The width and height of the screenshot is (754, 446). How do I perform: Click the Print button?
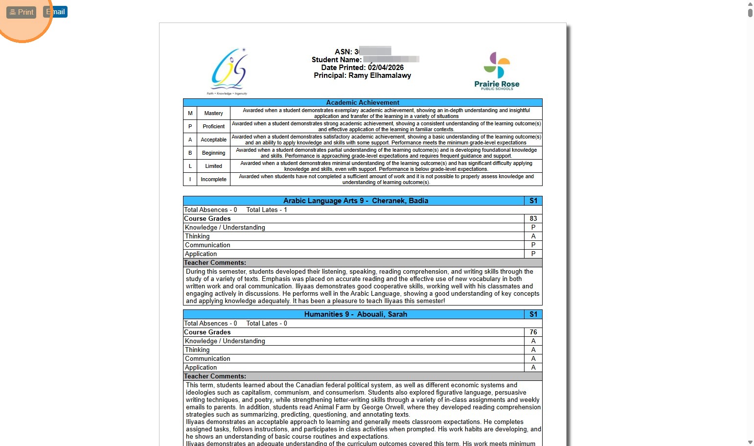[22, 12]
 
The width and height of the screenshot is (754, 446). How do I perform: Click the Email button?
[56, 12]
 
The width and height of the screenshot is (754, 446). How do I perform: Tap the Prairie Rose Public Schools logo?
[497, 71]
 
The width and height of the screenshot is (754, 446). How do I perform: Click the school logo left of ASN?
[228, 71]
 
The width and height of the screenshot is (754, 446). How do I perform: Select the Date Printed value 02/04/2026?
[386, 68]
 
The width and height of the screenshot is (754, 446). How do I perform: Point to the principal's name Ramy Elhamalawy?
[380, 75]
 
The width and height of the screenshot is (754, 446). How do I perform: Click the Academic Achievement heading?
[363, 102]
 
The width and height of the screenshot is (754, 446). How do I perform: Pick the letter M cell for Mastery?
[190, 113]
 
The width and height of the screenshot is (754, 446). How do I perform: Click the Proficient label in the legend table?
[213, 126]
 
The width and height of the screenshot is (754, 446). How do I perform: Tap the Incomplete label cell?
[213, 179]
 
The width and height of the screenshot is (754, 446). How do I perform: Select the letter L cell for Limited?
[190, 166]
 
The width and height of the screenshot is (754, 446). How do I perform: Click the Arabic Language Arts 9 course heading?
[355, 201]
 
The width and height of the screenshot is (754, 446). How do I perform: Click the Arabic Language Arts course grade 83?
[533, 218]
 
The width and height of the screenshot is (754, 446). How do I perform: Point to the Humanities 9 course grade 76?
[533, 332]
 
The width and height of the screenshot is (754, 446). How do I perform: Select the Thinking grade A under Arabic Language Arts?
[533, 236]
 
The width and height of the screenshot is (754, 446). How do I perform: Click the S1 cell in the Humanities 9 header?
[533, 314]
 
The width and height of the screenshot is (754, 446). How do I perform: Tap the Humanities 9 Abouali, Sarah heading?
[355, 314]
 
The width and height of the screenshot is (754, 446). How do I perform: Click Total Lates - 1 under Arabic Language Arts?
[267, 210]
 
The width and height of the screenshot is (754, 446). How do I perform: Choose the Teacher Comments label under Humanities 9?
[215, 376]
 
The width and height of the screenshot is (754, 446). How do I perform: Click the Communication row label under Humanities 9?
[207, 358]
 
